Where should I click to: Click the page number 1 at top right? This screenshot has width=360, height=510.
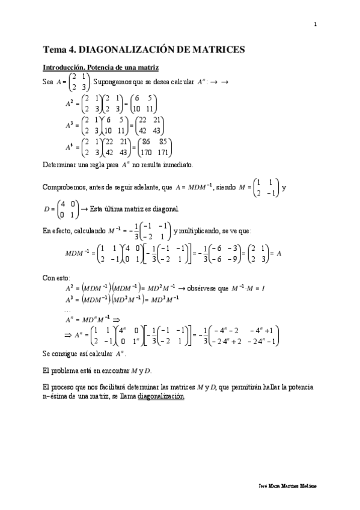(x=315, y=24)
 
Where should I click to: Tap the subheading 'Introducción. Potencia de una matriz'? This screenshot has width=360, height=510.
(x=100, y=67)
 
